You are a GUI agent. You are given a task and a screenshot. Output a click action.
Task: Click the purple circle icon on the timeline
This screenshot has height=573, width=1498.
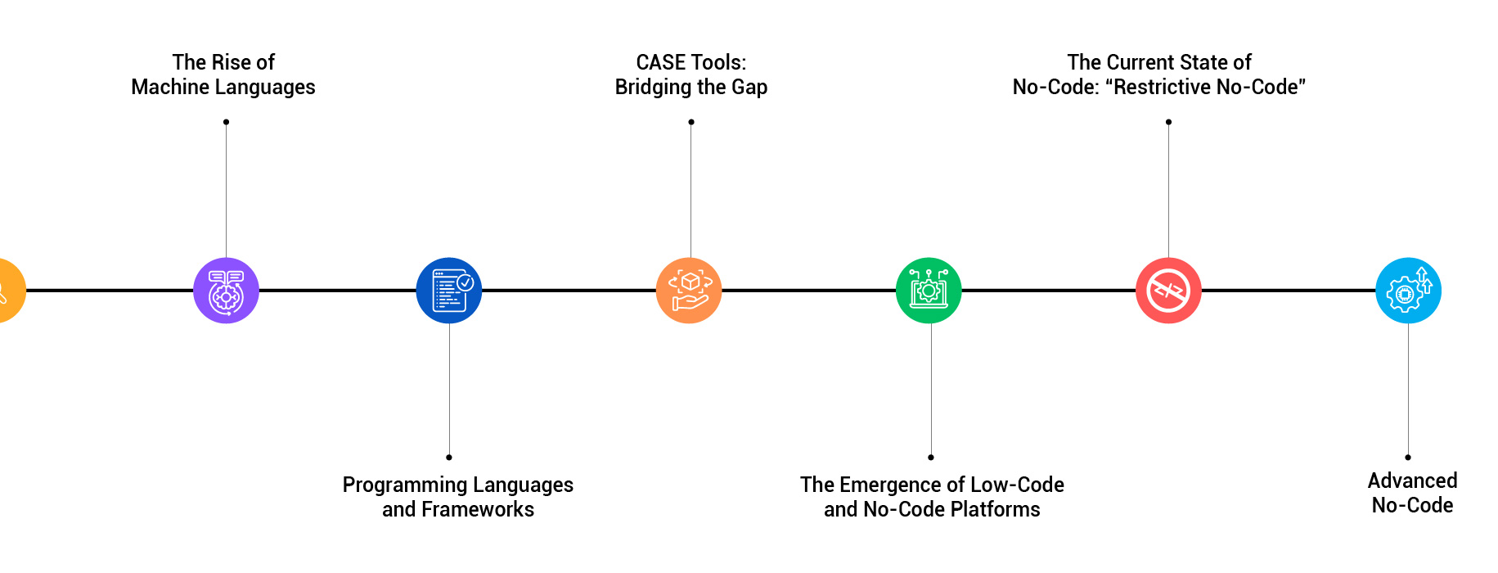tap(226, 291)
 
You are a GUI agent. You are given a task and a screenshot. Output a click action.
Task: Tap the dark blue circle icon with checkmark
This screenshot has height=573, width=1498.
tap(448, 291)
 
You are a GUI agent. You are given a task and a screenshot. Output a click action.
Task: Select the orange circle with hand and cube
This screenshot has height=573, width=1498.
tap(689, 291)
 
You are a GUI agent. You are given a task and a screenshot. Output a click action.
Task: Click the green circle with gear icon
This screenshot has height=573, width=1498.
tap(929, 291)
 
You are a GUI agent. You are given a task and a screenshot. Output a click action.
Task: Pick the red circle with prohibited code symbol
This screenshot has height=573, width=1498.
tap(1168, 291)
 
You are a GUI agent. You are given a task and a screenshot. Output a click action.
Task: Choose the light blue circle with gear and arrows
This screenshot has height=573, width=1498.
tap(1408, 291)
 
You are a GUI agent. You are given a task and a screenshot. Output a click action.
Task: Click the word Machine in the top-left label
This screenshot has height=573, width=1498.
tap(169, 87)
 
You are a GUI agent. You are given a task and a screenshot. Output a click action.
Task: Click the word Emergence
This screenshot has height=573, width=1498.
tap(890, 485)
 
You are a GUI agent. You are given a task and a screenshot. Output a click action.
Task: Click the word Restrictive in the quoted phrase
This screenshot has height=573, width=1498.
tap(1175, 87)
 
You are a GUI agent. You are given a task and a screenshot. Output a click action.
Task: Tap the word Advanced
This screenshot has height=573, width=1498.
tap(1412, 481)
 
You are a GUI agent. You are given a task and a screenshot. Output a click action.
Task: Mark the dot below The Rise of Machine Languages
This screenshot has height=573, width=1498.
tap(226, 122)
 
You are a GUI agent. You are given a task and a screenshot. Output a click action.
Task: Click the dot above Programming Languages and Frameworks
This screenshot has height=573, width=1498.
tap(448, 457)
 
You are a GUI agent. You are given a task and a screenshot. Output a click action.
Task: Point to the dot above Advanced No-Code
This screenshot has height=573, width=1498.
tap(1408, 457)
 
